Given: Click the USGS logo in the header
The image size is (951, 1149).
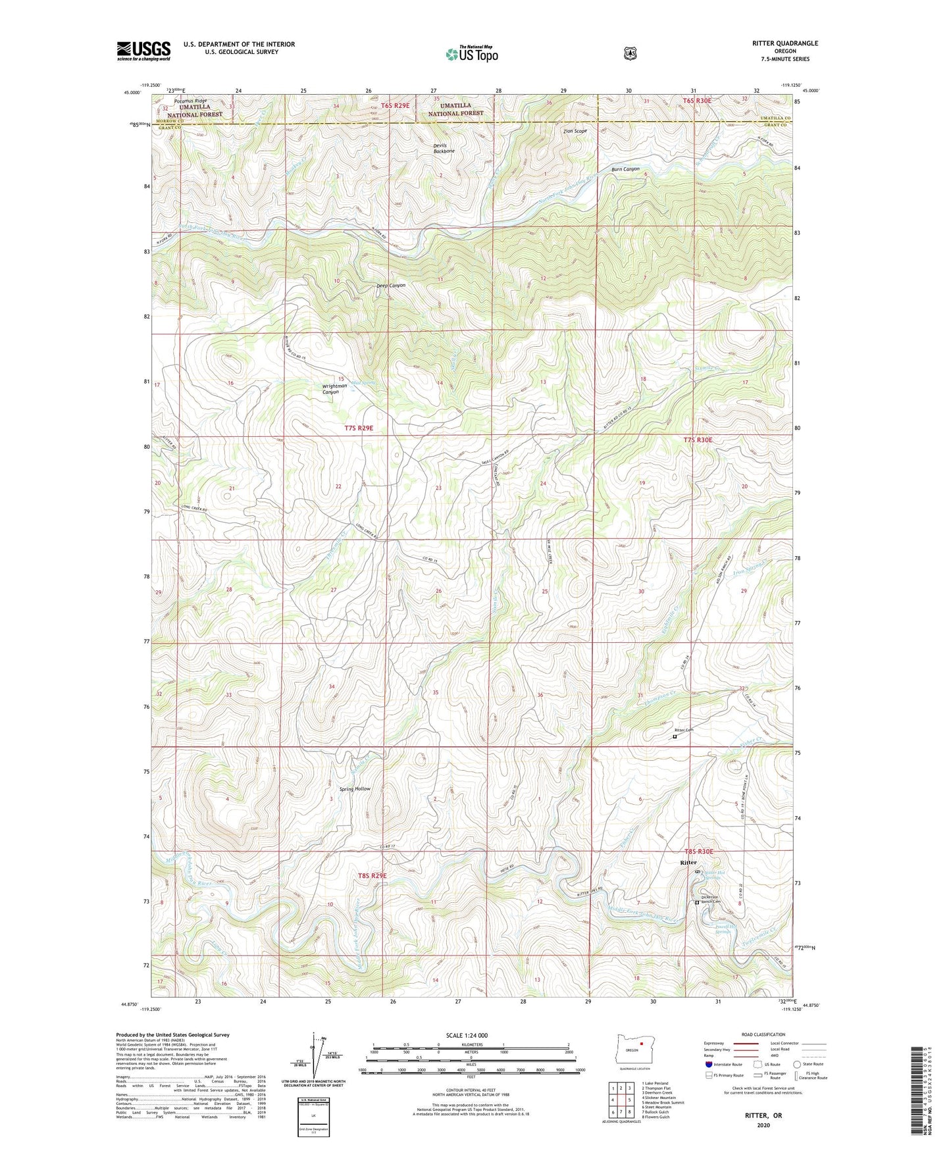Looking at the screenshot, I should [x=143, y=51].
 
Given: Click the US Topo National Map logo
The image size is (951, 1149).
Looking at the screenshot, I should [x=471, y=54].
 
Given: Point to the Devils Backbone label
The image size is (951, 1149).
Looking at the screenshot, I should [x=444, y=148].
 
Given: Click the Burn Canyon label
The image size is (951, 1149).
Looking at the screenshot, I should [x=625, y=170].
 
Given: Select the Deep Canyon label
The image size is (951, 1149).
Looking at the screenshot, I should [x=391, y=286].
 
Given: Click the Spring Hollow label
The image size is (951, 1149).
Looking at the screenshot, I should [x=355, y=788].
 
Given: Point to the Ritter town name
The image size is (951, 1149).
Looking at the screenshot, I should [x=688, y=862].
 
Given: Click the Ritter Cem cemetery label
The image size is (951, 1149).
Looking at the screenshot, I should [x=684, y=730].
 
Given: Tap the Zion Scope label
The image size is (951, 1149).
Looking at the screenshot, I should [x=575, y=131].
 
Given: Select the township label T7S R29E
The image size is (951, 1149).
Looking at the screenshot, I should [x=359, y=428].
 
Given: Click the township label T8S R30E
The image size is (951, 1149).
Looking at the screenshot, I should [x=698, y=852].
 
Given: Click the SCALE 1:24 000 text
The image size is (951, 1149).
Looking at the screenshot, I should [x=467, y=1035].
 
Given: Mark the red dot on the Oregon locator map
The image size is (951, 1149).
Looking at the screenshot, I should [x=640, y=1060].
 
